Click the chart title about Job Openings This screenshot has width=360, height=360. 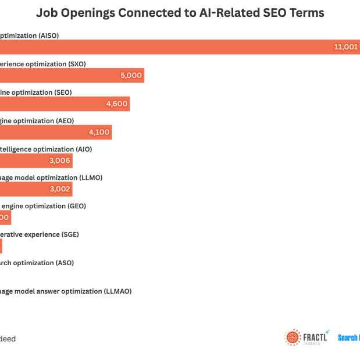[x=180, y=12]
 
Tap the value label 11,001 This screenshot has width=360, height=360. [x=345, y=47]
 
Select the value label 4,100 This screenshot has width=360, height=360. [x=99, y=132]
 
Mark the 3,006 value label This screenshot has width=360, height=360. [x=60, y=161]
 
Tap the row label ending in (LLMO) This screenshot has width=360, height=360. [x=51, y=177]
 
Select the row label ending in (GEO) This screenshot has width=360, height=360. [x=44, y=206]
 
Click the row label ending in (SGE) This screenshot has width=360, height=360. [x=40, y=234]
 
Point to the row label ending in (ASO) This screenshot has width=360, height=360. [x=37, y=263]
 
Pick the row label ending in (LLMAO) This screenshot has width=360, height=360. [x=66, y=291]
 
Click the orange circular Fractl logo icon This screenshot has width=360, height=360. [x=293, y=337]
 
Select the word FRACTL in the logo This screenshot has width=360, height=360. [x=315, y=336]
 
